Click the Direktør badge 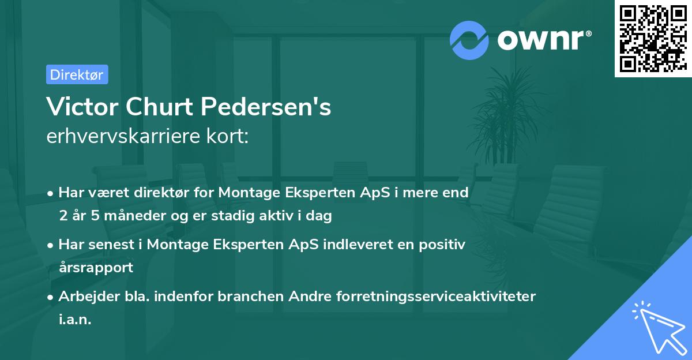pyautogui.click(x=77, y=74)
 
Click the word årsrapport pyautogui.click(x=96, y=267)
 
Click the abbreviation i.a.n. pyautogui.click(x=75, y=319)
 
